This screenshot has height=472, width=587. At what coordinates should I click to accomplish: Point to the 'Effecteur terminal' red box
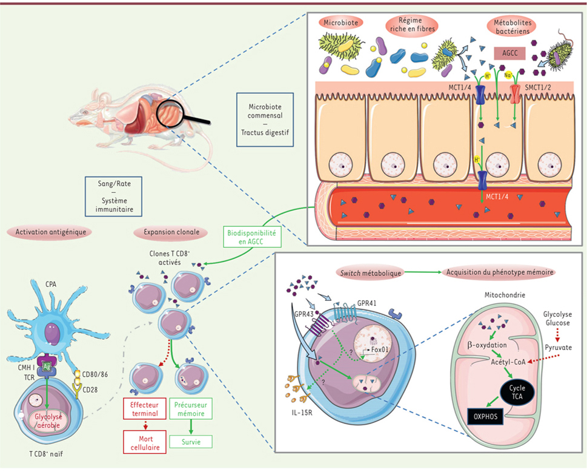point(141,410)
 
